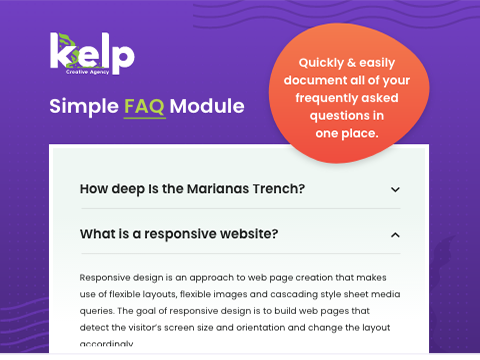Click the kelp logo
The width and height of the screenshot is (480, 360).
[x=91, y=53]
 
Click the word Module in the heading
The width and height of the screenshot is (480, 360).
[x=206, y=106]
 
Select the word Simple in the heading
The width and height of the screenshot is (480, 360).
[x=83, y=107]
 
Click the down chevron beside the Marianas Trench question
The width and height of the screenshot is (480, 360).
[x=395, y=189]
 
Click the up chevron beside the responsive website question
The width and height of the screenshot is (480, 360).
[x=395, y=235]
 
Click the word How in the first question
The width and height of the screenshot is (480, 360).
[x=95, y=189]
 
